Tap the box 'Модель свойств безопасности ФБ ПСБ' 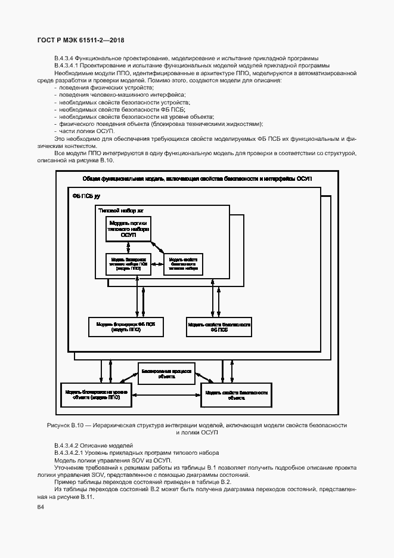219,326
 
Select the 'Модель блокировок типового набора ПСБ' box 128,264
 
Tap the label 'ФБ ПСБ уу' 86,196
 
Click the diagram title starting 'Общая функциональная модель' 197,179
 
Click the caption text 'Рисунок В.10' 67,425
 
